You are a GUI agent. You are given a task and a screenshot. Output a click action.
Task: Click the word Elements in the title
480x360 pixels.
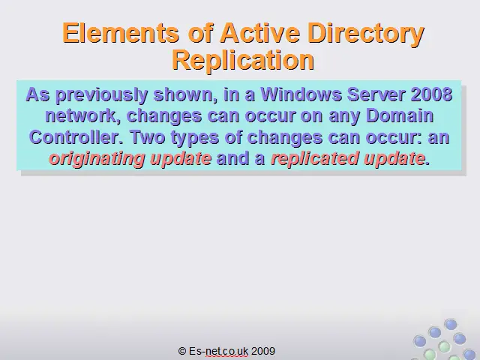tap(121, 33)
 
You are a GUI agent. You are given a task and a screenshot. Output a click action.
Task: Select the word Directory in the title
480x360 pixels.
tap(366, 34)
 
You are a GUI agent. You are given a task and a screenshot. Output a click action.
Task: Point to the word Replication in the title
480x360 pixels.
tap(243, 60)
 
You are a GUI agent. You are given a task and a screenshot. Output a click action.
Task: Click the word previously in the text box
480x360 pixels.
tap(101, 95)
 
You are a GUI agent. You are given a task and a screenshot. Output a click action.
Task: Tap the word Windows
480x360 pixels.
tap(301, 94)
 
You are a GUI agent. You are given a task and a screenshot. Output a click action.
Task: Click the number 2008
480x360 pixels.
tap(431, 94)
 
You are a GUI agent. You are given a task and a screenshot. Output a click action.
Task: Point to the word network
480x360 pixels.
tap(82, 116)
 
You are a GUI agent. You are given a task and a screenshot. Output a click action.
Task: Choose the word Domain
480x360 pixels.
tap(400, 115)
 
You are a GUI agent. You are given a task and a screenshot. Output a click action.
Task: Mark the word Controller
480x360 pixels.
tap(76, 137)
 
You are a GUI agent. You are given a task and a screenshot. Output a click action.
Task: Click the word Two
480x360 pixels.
tap(148, 137)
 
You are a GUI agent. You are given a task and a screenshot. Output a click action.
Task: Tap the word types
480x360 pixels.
tap(195, 138)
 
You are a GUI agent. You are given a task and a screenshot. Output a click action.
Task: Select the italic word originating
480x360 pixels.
tap(97, 159)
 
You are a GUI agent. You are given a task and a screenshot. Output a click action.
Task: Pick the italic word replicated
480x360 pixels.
tap(314, 158)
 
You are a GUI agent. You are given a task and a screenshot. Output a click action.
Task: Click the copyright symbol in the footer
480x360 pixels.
tap(182, 351)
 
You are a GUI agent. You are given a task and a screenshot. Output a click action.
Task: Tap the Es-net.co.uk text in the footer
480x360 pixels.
tap(218, 351)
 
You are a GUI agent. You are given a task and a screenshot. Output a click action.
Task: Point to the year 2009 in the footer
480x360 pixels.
tap(263, 351)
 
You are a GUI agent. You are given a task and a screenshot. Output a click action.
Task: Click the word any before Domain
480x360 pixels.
tap(344, 117)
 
